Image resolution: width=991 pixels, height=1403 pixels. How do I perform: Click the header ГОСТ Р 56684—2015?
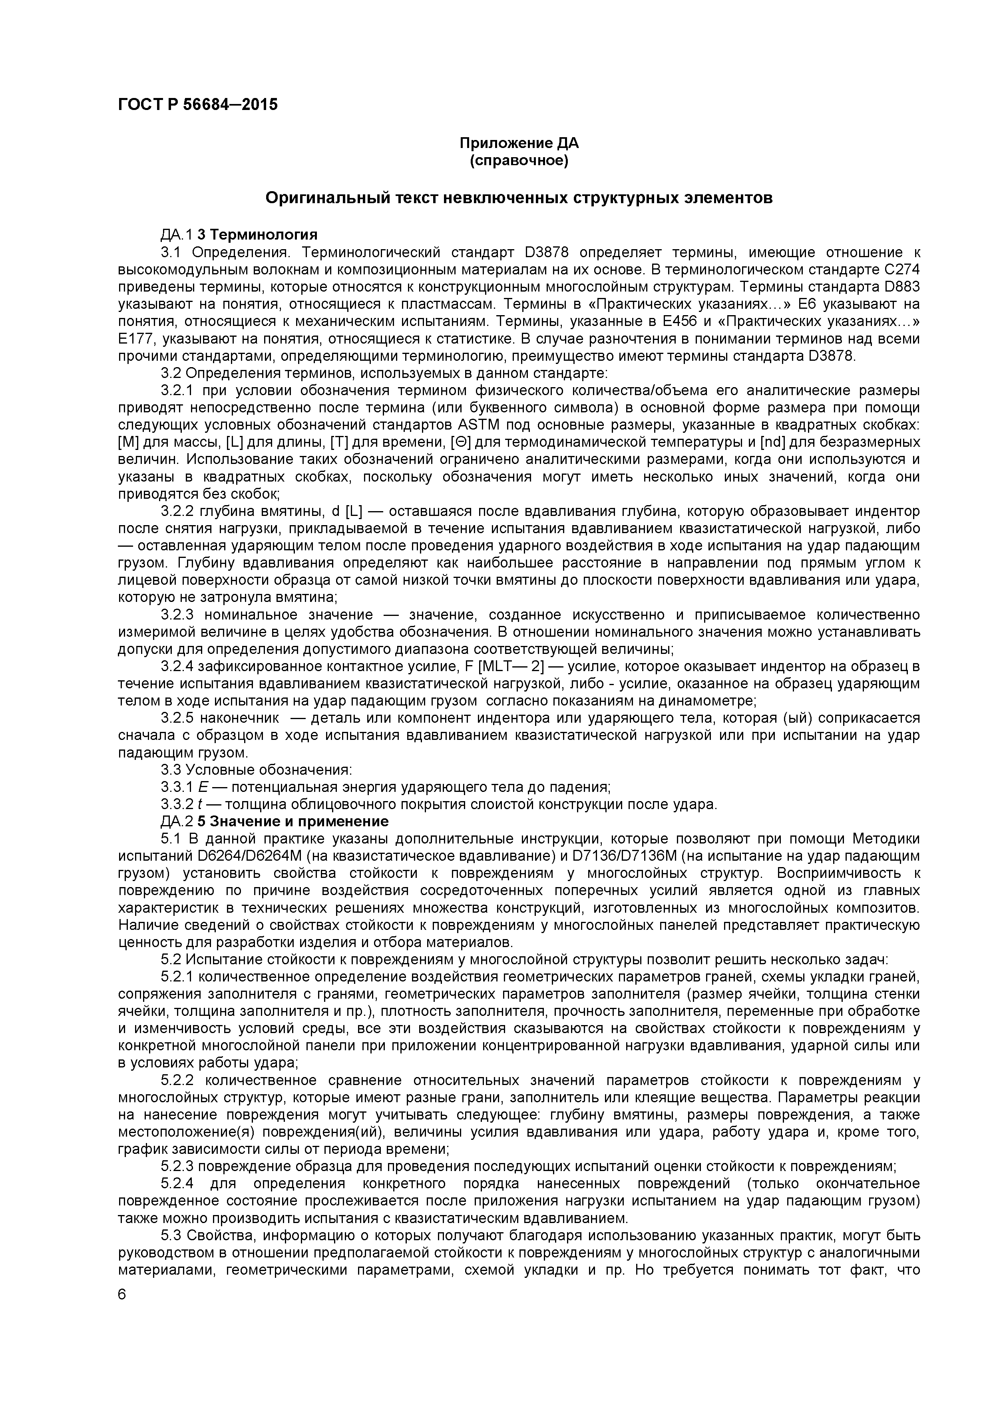(x=197, y=104)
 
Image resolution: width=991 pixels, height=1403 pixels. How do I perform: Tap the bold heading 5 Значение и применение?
(x=293, y=821)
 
